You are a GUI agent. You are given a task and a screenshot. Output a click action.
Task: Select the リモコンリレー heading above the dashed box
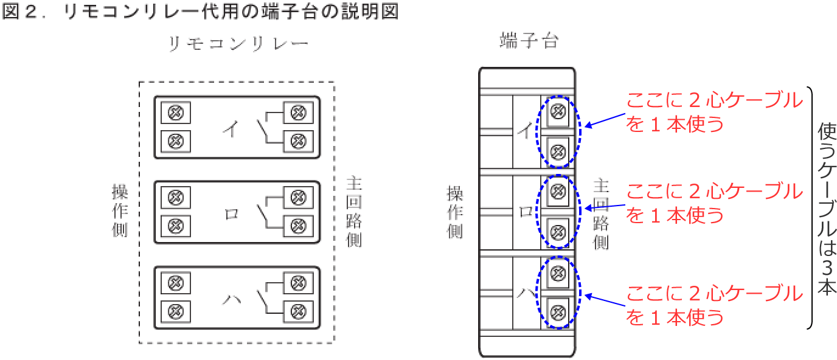coord(238,45)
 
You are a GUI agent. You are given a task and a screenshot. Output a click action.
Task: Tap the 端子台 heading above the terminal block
coord(529,41)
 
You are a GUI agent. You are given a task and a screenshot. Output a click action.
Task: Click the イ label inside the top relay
coord(231,128)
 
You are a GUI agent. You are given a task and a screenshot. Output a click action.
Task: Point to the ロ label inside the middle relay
coord(232,214)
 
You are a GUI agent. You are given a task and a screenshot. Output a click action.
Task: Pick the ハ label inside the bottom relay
coord(231,299)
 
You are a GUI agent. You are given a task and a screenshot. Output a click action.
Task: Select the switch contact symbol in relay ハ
coord(262,299)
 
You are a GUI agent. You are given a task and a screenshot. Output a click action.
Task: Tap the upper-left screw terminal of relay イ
coord(176,113)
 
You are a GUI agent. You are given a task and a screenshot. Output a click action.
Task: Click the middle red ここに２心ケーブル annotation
coord(714,203)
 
